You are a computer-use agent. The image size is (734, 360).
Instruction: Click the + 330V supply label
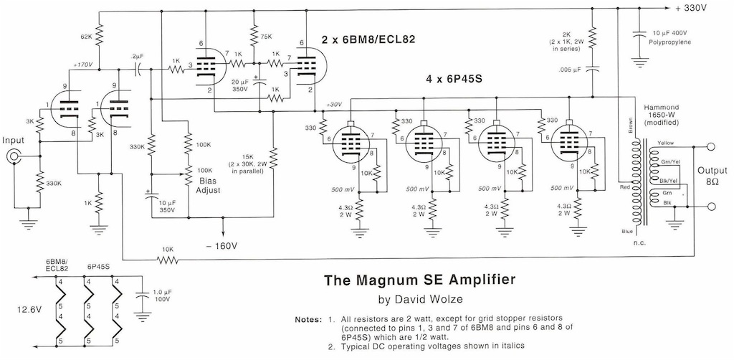pos(696,9)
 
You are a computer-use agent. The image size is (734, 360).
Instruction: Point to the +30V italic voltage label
pos(335,105)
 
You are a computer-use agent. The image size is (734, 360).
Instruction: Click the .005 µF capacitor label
pos(570,71)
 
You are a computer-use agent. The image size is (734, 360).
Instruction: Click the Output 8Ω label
pos(712,175)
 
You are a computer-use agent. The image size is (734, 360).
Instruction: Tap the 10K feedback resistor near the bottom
pos(168,260)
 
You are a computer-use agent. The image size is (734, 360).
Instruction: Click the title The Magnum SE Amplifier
pos(420,280)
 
